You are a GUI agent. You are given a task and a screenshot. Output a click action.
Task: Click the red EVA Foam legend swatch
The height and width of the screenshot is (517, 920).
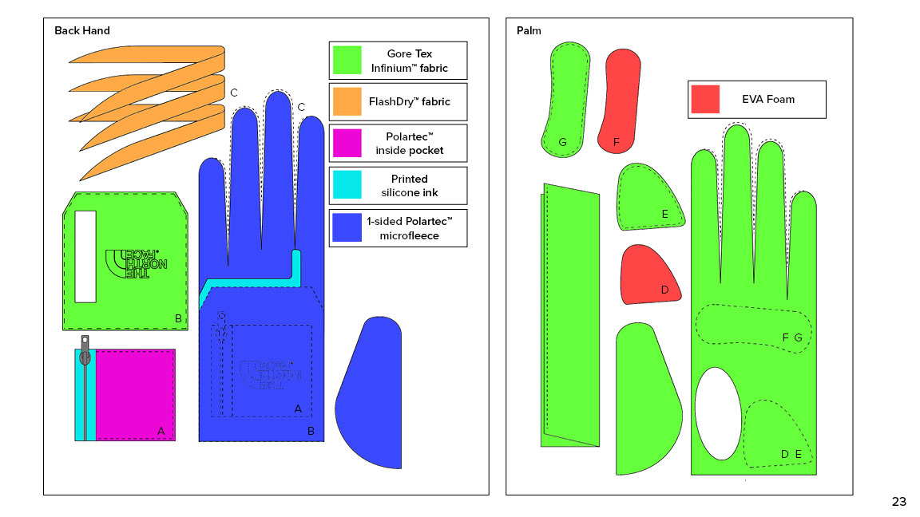click(x=706, y=99)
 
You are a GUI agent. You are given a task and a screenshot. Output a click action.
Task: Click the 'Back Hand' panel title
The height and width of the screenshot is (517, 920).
click(x=82, y=31)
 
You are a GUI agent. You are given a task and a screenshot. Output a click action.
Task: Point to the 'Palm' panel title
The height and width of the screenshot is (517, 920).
click(x=529, y=31)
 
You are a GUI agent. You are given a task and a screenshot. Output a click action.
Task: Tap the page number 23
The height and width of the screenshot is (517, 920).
click(x=898, y=502)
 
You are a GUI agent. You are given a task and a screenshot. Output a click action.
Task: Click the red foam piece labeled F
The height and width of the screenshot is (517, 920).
click(x=621, y=100)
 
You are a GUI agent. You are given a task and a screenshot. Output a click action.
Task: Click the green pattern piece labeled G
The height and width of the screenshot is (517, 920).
click(x=567, y=97)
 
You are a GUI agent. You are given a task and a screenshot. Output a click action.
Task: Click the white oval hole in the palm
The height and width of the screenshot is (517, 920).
click(x=718, y=412)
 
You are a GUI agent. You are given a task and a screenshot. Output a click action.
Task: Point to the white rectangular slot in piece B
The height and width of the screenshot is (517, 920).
click(x=85, y=255)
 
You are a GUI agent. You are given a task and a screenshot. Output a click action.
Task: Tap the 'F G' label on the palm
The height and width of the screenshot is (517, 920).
click(x=791, y=337)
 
